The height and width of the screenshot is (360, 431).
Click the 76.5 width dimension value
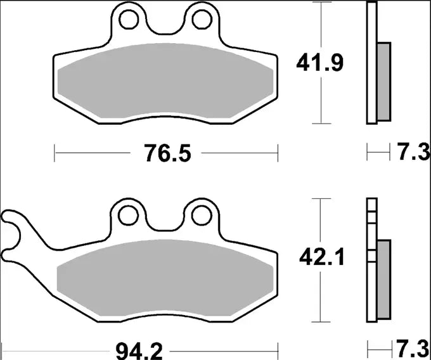tap(165, 153)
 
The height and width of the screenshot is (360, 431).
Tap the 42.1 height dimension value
tap(320, 258)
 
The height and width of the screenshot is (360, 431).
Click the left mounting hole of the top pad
tap(130, 20)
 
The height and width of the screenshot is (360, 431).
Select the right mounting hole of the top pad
tap(202, 20)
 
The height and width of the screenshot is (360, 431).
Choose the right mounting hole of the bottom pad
tap(202, 215)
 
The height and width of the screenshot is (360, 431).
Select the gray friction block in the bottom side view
tap(384, 279)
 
